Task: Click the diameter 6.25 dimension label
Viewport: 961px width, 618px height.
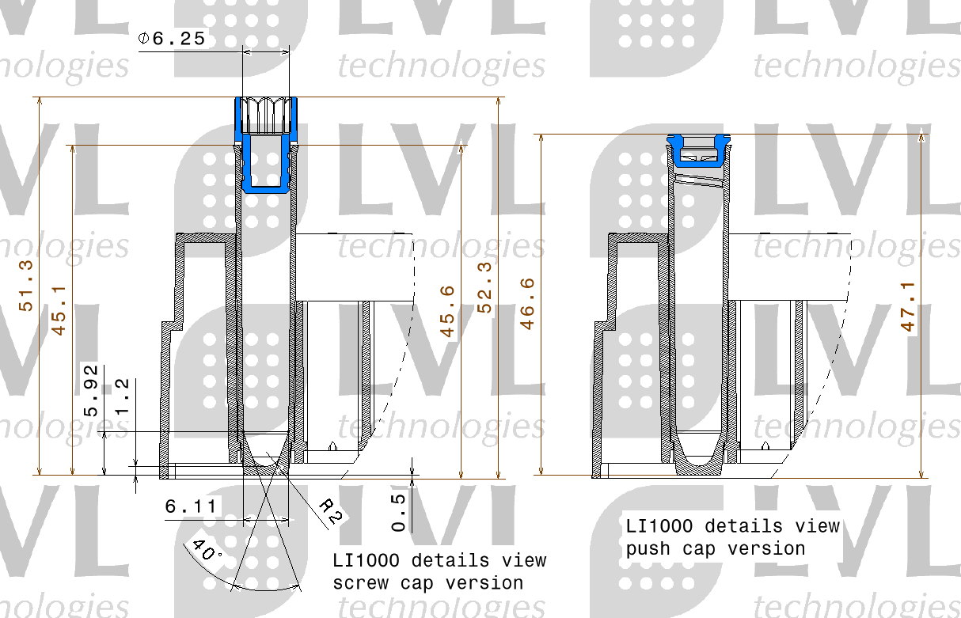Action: (x=173, y=38)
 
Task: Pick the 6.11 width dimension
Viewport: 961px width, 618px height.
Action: (x=192, y=506)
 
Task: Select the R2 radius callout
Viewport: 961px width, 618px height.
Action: (x=331, y=512)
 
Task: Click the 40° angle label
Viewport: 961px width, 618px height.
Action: (x=205, y=551)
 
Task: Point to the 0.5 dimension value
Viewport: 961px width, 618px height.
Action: (x=400, y=511)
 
